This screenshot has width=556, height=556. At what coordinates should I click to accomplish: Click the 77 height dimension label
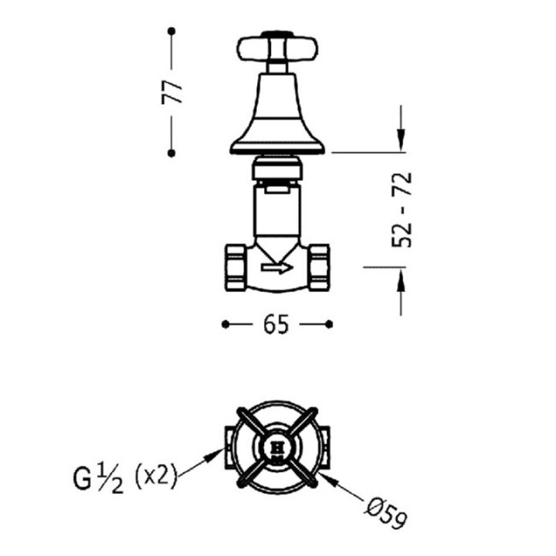(172, 92)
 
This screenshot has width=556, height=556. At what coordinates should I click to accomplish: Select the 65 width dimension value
(276, 324)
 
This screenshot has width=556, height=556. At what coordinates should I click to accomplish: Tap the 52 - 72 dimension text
(402, 209)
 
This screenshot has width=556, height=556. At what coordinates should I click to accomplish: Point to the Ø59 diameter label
(386, 511)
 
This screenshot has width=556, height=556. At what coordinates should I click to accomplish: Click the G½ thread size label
(98, 480)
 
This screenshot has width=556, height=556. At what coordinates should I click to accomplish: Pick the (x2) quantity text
(156, 476)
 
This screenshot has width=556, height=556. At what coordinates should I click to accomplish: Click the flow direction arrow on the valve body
(277, 268)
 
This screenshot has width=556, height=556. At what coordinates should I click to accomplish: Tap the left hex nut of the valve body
(236, 267)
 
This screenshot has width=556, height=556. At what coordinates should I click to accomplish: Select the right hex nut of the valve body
(319, 267)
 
